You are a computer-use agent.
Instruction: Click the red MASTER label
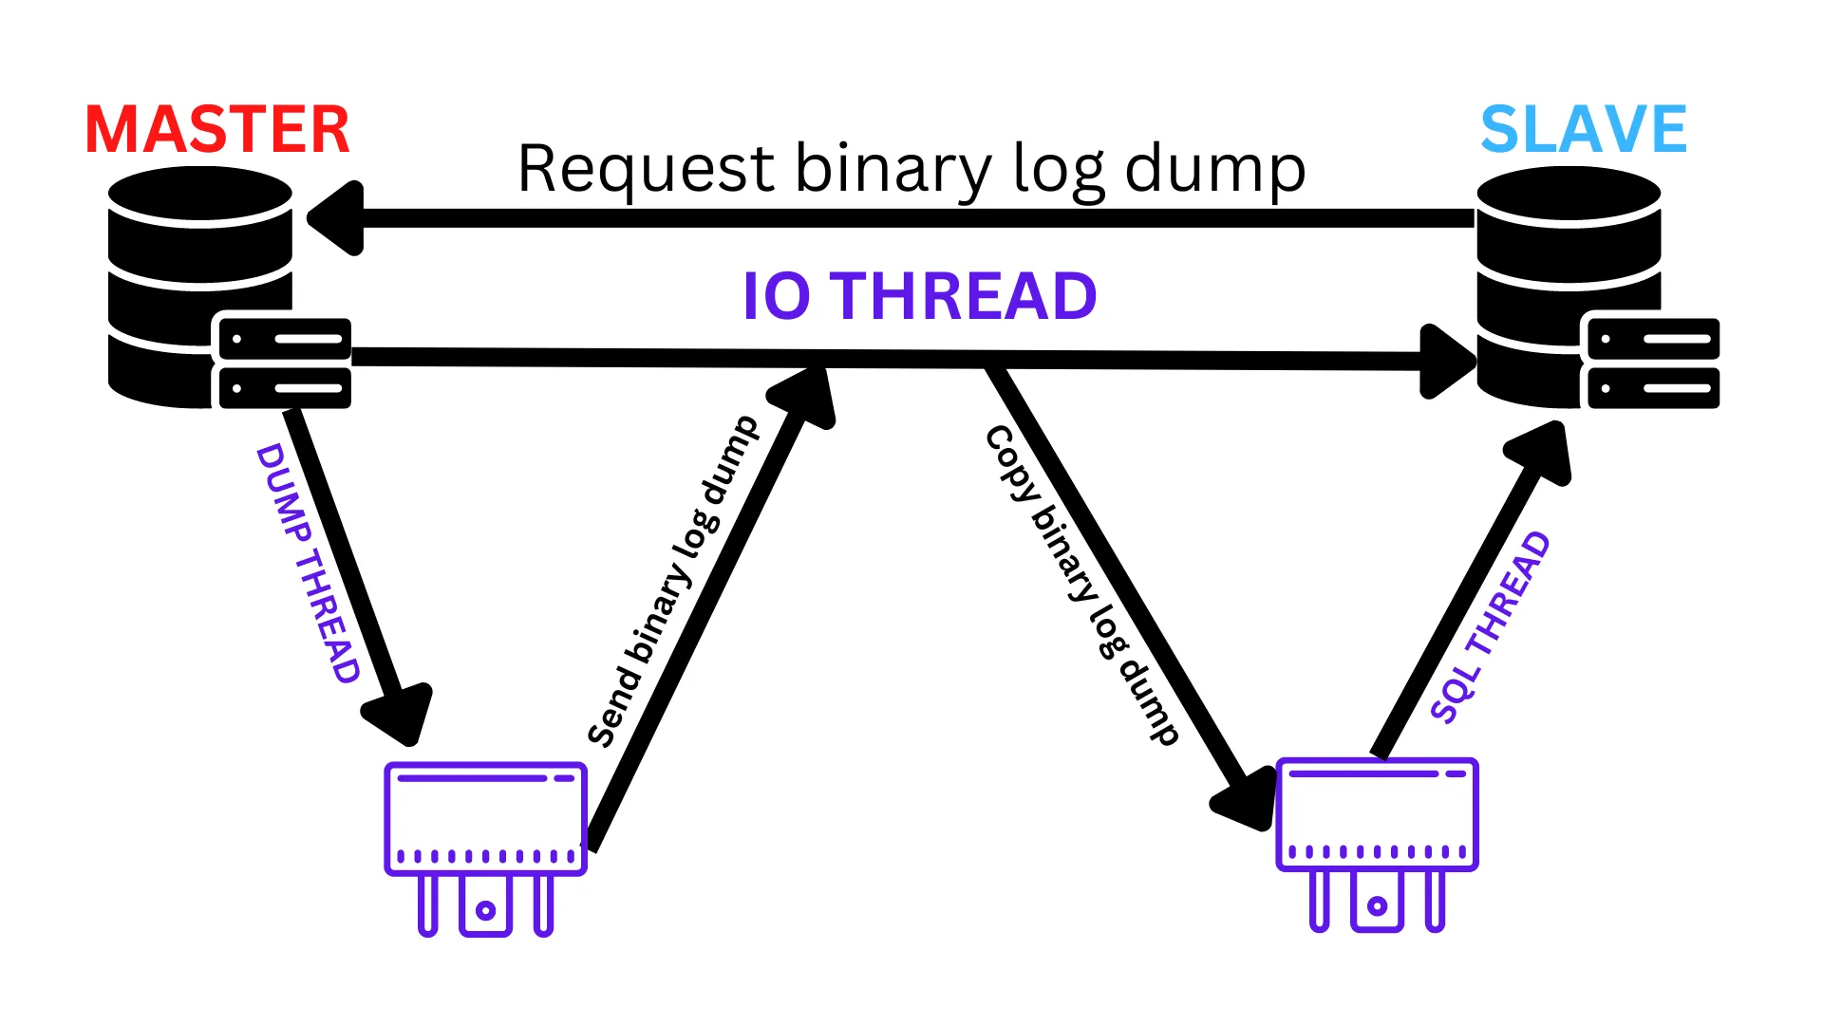[x=217, y=130]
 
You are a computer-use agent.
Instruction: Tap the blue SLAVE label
[x=1584, y=130]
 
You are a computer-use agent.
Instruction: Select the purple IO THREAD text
[x=919, y=296]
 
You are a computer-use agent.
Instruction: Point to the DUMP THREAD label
[x=308, y=563]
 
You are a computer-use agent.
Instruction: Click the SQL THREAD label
[x=1490, y=627]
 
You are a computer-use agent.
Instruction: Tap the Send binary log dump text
[x=672, y=581]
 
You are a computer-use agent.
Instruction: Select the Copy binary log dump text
[x=1081, y=585]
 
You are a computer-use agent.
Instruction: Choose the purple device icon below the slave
[x=1377, y=845]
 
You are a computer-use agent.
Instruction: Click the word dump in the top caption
[x=1215, y=169]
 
